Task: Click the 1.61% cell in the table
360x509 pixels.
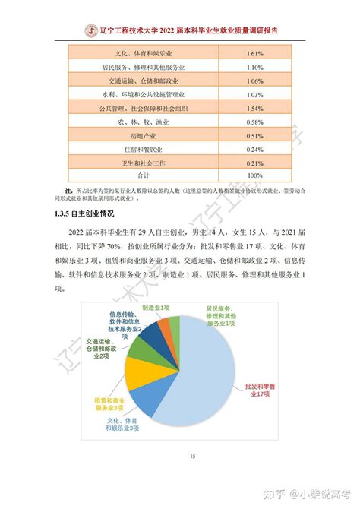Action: click(x=254, y=54)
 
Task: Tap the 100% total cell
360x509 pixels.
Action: click(x=254, y=176)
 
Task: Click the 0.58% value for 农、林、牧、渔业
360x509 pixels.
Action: click(x=254, y=122)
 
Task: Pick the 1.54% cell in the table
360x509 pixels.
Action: click(x=254, y=109)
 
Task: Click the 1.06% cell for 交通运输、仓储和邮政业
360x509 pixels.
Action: click(x=254, y=81)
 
